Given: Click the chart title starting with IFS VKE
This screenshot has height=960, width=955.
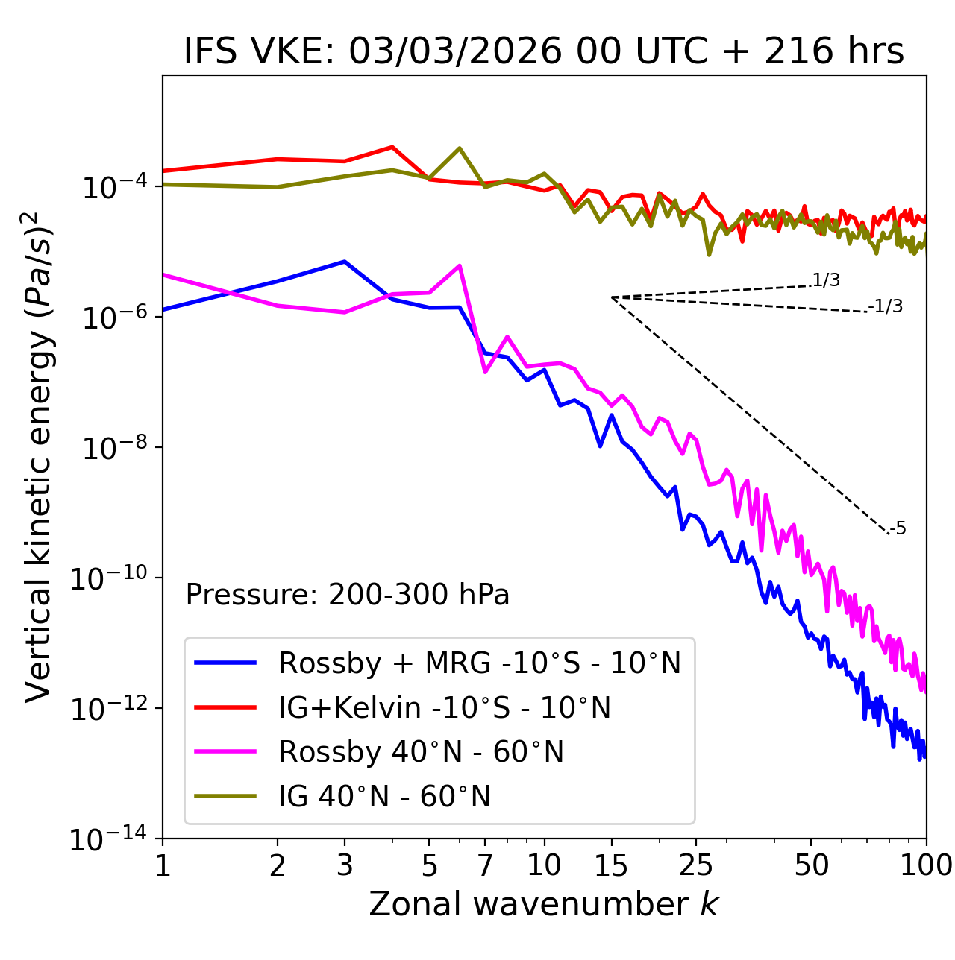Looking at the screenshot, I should (x=544, y=51).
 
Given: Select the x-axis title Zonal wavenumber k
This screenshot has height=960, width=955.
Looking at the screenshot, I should (x=544, y=903).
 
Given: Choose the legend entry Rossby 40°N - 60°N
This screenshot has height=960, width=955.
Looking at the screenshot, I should (x=421, y=752).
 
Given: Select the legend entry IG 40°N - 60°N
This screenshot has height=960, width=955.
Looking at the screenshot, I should (x=384, y=797).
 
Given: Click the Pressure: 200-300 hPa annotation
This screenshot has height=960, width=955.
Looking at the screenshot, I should (x=347, y=595).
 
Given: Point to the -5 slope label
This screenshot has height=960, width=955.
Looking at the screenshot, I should (x=898, y=528).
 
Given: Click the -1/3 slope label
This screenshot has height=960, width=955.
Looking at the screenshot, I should (x=886, y=306).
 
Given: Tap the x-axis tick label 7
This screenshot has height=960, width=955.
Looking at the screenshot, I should (x=485, y=865).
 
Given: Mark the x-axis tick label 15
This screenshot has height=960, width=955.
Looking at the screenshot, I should (x=611, y=865).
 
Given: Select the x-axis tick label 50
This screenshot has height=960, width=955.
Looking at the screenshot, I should (x=811, y=865).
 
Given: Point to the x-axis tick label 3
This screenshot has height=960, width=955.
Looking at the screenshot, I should (x=344, y=865).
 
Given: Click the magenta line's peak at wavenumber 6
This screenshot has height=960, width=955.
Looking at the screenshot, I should (x=460, y=265).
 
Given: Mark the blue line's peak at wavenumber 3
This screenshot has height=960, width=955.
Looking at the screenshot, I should (x=344, y=262).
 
